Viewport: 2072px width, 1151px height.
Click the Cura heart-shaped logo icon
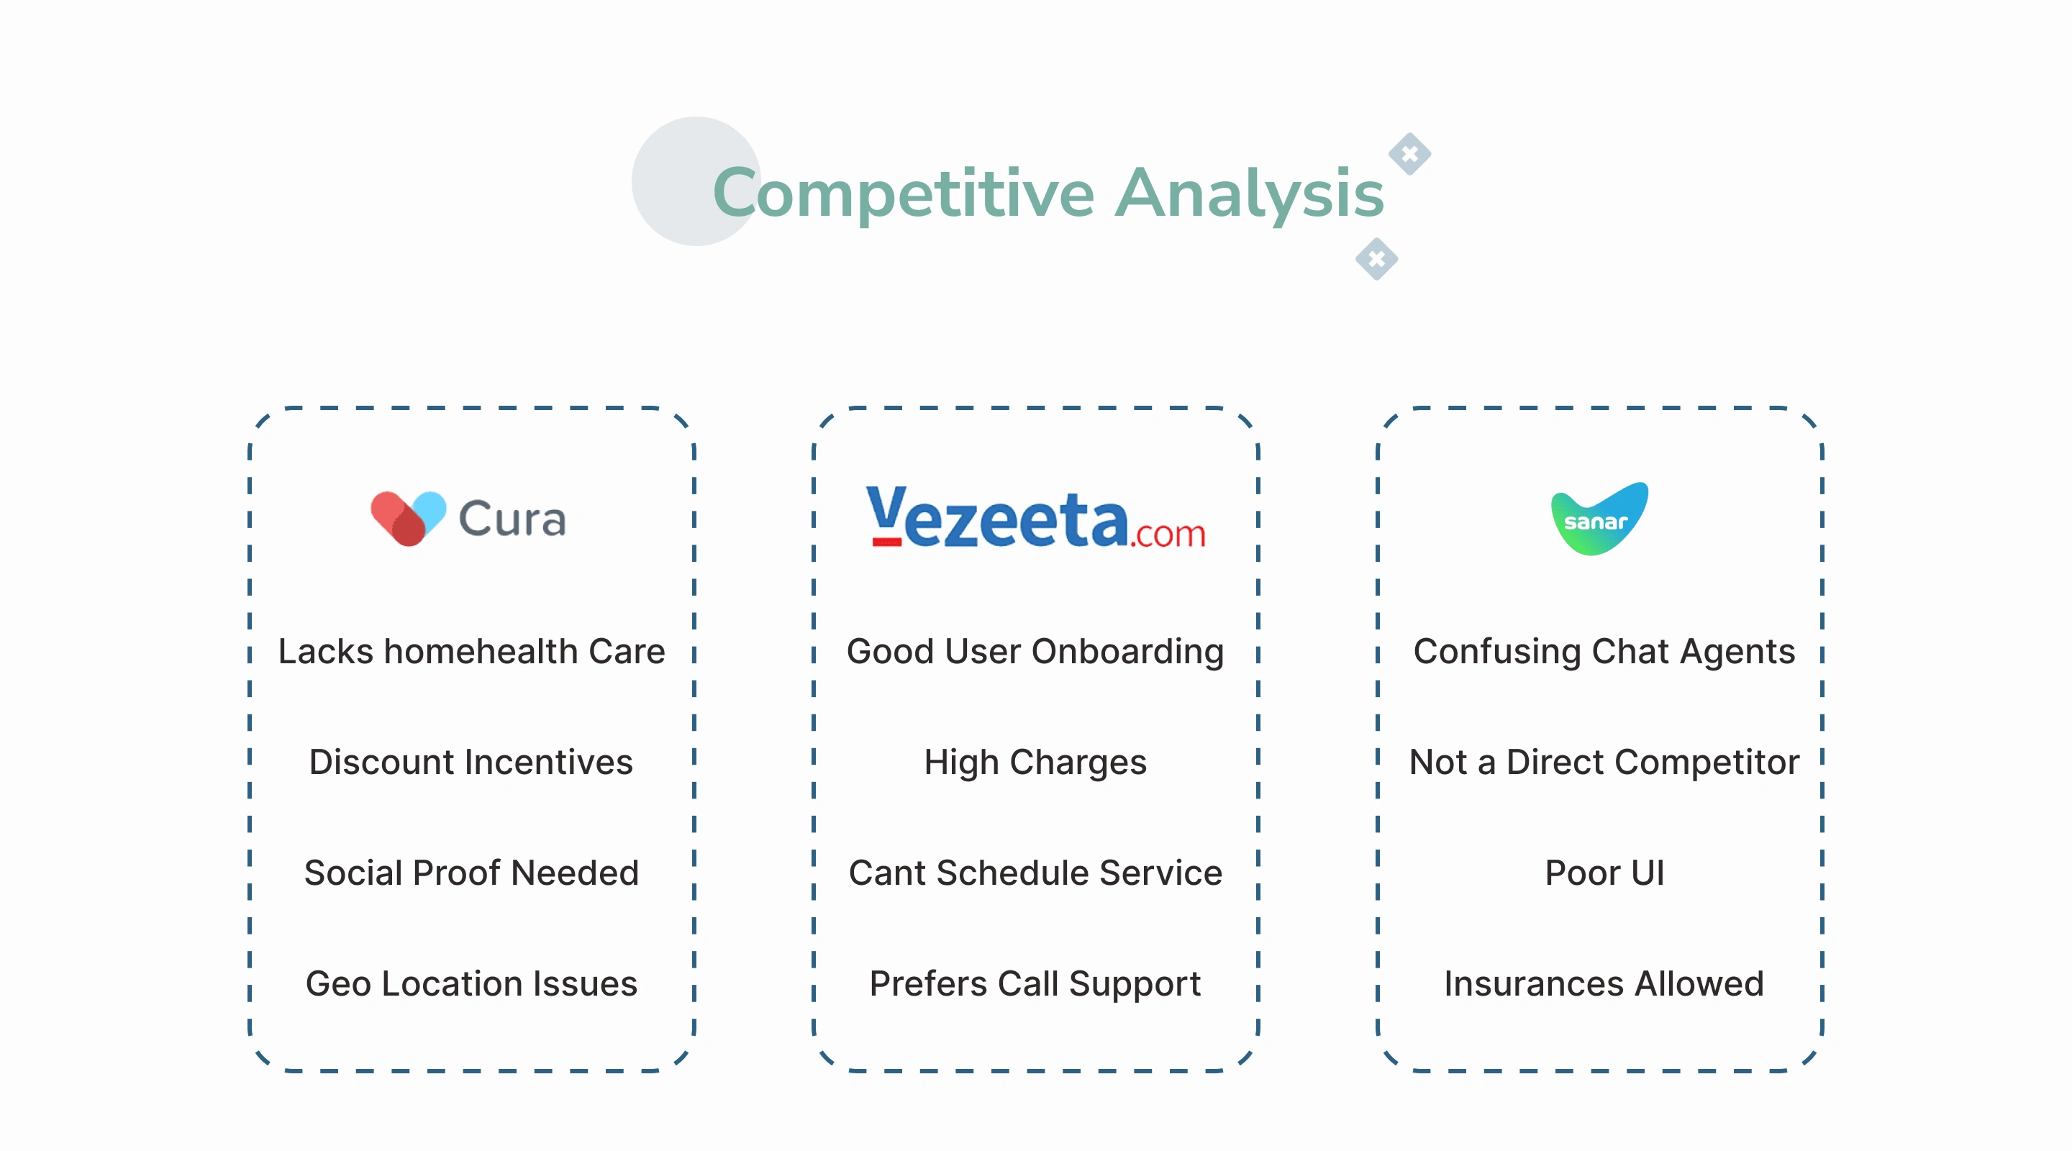pos(408,519)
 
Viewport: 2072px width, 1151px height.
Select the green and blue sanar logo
pos(1599,519)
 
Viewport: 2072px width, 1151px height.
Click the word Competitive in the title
pos(904,194)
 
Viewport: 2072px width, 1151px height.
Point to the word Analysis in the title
pos(1249,194)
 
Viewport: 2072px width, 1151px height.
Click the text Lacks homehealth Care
pos(471,651)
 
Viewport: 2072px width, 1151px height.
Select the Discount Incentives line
pos(471,762)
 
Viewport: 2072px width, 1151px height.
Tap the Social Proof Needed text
pos(471,873)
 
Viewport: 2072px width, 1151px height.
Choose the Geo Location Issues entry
pos(471,983)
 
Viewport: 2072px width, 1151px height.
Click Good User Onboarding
pos(1035,652)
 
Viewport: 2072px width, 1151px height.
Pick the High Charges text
pos(1035,763)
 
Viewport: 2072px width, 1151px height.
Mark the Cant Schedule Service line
pos(1035,873)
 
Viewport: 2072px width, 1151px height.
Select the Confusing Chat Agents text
pos(1604,652)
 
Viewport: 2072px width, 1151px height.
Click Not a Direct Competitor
pos(1604,763)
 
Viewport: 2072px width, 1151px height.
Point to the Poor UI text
pos(1604,873)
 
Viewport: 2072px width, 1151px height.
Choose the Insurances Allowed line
pos(1604,983)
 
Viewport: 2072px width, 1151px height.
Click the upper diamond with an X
pos(1409,154)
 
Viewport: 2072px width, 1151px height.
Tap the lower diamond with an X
pos(1376,259)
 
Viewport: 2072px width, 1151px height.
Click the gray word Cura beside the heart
pos(512,519)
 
